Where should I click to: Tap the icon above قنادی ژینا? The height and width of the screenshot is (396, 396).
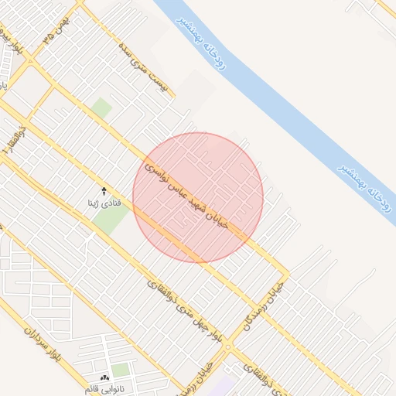click(x=105, y=189)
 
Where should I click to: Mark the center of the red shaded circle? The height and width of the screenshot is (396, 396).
click(x=198, y=197)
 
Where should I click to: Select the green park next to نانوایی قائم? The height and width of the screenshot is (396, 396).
click(x=121, y=370)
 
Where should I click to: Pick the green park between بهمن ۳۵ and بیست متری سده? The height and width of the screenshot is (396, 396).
click(x=101, y=108)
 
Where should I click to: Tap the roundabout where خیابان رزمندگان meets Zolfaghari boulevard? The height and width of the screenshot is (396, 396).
click(x=227, y=350)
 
